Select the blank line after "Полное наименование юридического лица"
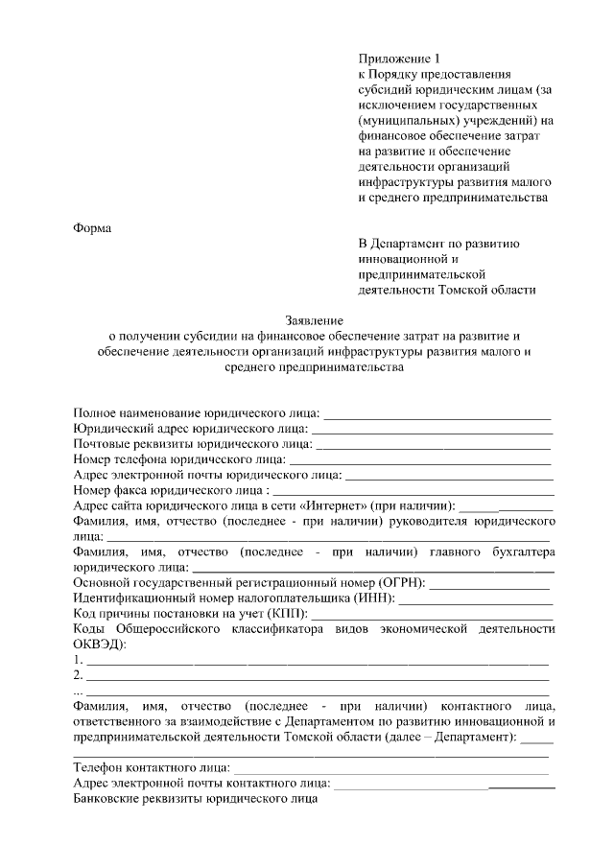point(437,414)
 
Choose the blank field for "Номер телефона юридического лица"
point(421,460)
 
